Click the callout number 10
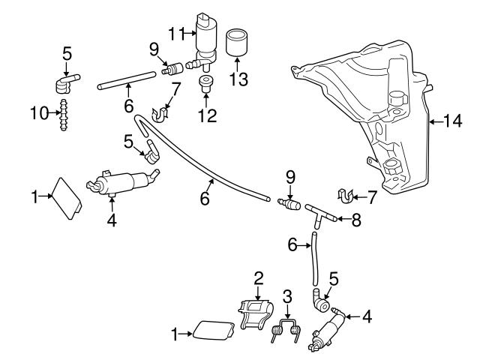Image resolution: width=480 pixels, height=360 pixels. click(43, 114)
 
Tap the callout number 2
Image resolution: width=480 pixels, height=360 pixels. click(259, 277)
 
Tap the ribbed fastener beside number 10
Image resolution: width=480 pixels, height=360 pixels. click(65, 115)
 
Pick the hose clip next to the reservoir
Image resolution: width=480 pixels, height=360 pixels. click(346, 197)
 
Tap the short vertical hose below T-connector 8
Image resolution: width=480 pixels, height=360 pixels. click(313, 262)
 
